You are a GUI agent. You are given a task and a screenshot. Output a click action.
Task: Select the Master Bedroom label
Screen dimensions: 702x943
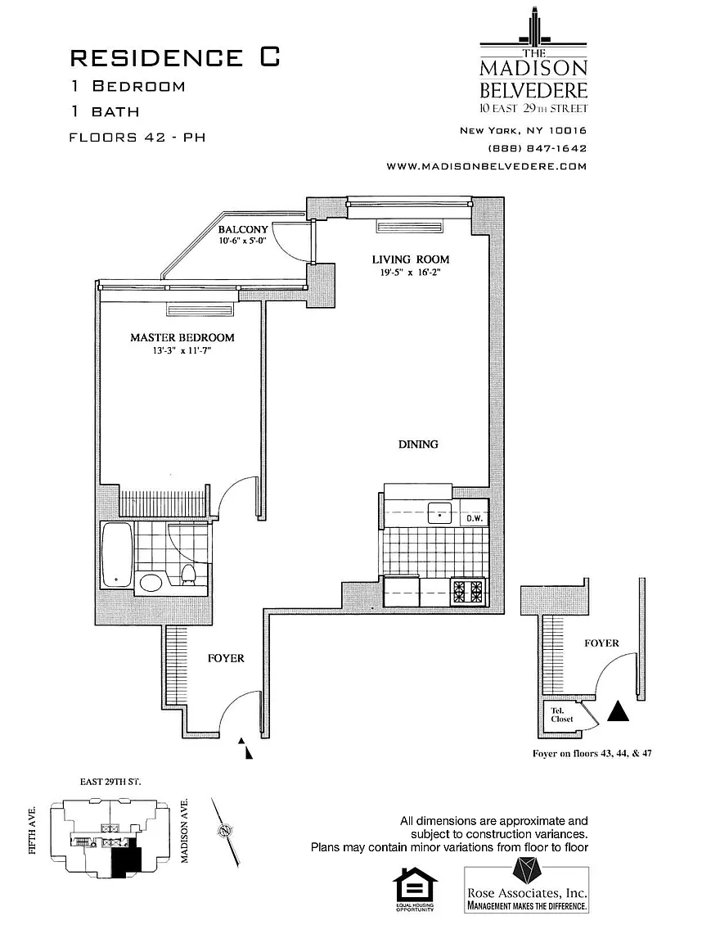tap(182, 337)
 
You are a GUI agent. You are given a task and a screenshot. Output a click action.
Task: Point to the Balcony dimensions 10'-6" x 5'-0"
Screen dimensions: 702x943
tap(242, 241)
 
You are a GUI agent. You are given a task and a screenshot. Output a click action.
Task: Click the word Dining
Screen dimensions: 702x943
tap(418, 444)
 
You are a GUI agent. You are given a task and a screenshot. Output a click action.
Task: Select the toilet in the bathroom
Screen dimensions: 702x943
tap(188, 574)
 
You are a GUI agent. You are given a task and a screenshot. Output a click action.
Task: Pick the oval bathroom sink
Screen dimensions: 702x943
tap(151, 583)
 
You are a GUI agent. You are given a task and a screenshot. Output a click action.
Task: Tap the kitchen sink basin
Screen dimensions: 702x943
tap(440, 514)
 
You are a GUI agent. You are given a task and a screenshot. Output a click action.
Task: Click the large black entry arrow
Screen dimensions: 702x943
tap(621, 711)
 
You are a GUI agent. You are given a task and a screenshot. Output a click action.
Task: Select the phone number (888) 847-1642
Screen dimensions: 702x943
tap(538, 148)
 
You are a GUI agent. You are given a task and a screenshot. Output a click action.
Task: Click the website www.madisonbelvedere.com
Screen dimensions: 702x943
tap(487, 166)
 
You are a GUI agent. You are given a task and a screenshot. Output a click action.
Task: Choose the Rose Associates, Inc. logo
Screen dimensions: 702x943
tap(527, 885)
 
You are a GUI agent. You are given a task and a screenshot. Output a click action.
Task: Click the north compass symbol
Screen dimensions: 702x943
tap(223, 831)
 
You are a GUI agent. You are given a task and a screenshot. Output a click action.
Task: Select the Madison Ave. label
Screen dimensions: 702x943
tap(185, 831)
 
